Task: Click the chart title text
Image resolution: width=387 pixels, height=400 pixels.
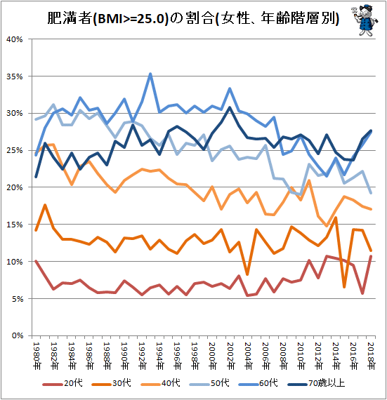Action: pyautogui.click(x=193, y=18)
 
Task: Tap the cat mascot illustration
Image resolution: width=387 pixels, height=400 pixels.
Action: pyautogui.click(x=365, y=20)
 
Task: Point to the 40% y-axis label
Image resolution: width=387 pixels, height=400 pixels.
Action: pyautogui.click(x=15, y=39)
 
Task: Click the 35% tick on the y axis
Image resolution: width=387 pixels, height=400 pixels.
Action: pyautogui.click(x=15, y=76)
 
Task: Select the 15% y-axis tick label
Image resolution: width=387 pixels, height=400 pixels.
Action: pyautogui.click(x=15, y=225)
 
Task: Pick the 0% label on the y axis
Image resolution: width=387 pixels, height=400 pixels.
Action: pyautogui.click(x=18, y=335)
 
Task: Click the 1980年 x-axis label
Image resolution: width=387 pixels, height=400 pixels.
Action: pyautogui.click(x=37, y=356)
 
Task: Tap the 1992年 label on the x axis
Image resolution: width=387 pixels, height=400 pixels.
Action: pyautogui.click(x=143, y=356)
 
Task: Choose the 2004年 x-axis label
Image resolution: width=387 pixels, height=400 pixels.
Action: pyautogui.click(x=248, y=356)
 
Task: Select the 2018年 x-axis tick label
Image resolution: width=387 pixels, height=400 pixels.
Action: pyautogui.click(x=372, y=356)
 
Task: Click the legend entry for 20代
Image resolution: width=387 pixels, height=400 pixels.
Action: pyautogui.click(x=63, y=383)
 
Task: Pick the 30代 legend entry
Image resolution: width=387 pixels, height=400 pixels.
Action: pyautogui.click(x=111, y=383)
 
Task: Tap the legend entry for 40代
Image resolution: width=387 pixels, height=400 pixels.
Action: pyautogui.click(x=160, y=383)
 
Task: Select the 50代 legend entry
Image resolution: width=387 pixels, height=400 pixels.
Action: pyautogui.click(x=209, y=383)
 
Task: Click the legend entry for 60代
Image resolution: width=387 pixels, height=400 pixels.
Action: pyautogui.click(x=258, y=383)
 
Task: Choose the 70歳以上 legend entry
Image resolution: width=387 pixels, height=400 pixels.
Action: pyautogui.click(x=316, y=383)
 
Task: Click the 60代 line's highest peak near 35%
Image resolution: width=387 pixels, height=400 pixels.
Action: pyautogui.click(x=150, y=74)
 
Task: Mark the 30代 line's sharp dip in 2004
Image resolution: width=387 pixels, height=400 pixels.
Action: pyautogui.click(x=247, y=274)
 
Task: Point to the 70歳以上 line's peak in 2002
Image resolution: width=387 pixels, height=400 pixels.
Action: pyautogui.click(x=230, y=107)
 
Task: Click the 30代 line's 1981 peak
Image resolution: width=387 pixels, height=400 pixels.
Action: pyautogui.click(x=45, y=205)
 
